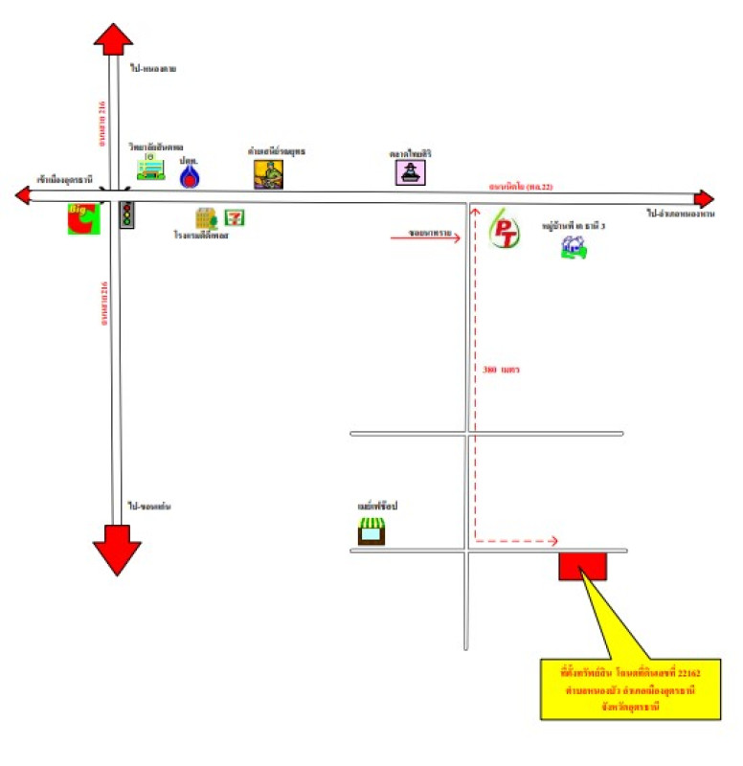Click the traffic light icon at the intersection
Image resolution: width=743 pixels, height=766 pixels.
126,214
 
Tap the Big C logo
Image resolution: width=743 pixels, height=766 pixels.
81,218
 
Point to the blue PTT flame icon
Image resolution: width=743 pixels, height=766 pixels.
190,177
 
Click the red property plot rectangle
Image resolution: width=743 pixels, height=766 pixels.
582,566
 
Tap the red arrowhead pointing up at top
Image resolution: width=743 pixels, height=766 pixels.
114,39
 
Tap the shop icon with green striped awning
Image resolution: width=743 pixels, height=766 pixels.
371,531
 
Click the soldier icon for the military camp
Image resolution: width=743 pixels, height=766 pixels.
269,173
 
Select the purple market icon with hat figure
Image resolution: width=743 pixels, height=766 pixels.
411,172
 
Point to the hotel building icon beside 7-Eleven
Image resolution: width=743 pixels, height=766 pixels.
206,218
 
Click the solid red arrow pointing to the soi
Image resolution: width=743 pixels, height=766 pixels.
427,234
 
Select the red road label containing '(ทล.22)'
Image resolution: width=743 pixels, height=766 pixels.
520,186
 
